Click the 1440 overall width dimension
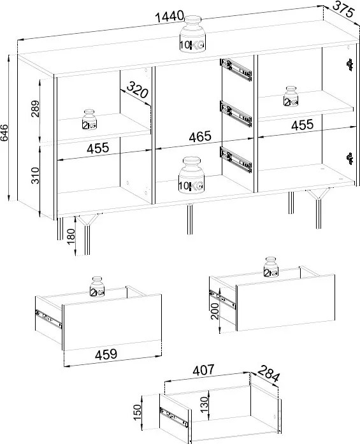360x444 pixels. click(169, 17)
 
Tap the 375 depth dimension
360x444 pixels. click(343, 10)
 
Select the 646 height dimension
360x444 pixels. click(4, 132)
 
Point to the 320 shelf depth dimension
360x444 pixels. click(137, 89)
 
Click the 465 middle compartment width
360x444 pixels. click(200, 137)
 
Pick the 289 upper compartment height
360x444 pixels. click(35, 108)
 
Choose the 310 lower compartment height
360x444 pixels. click(35, 176)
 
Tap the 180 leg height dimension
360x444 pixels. click(71, 236)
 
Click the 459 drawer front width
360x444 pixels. click(106, 354)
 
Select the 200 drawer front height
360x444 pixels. click(215, 311)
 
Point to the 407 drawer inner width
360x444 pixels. click(203, 370)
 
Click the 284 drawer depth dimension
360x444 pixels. click(268, 373)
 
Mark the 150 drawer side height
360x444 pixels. click(137, 412)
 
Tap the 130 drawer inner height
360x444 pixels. click(204, 405)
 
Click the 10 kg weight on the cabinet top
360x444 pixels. click(192, 34)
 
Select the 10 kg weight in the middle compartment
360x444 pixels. click(192, 175)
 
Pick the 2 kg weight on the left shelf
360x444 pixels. click(89, 120)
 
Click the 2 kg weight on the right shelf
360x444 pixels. click(291, 97)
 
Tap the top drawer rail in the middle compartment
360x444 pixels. click(236, 69)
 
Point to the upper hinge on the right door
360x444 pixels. click(350, 65)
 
